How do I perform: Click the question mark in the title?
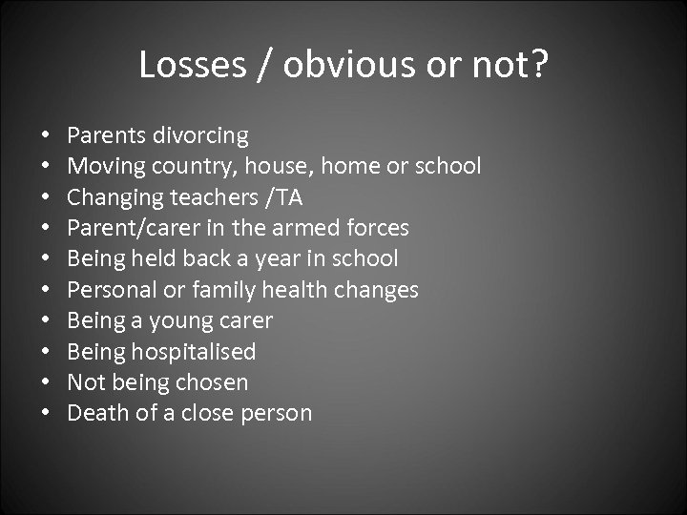pos(538,65)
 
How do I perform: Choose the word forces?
pos(379,228)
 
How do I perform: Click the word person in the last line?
pos(278,414)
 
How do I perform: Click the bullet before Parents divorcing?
pos(45,136)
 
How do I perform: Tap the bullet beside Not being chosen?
pos(45,383)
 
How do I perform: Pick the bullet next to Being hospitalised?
pos(45,352)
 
